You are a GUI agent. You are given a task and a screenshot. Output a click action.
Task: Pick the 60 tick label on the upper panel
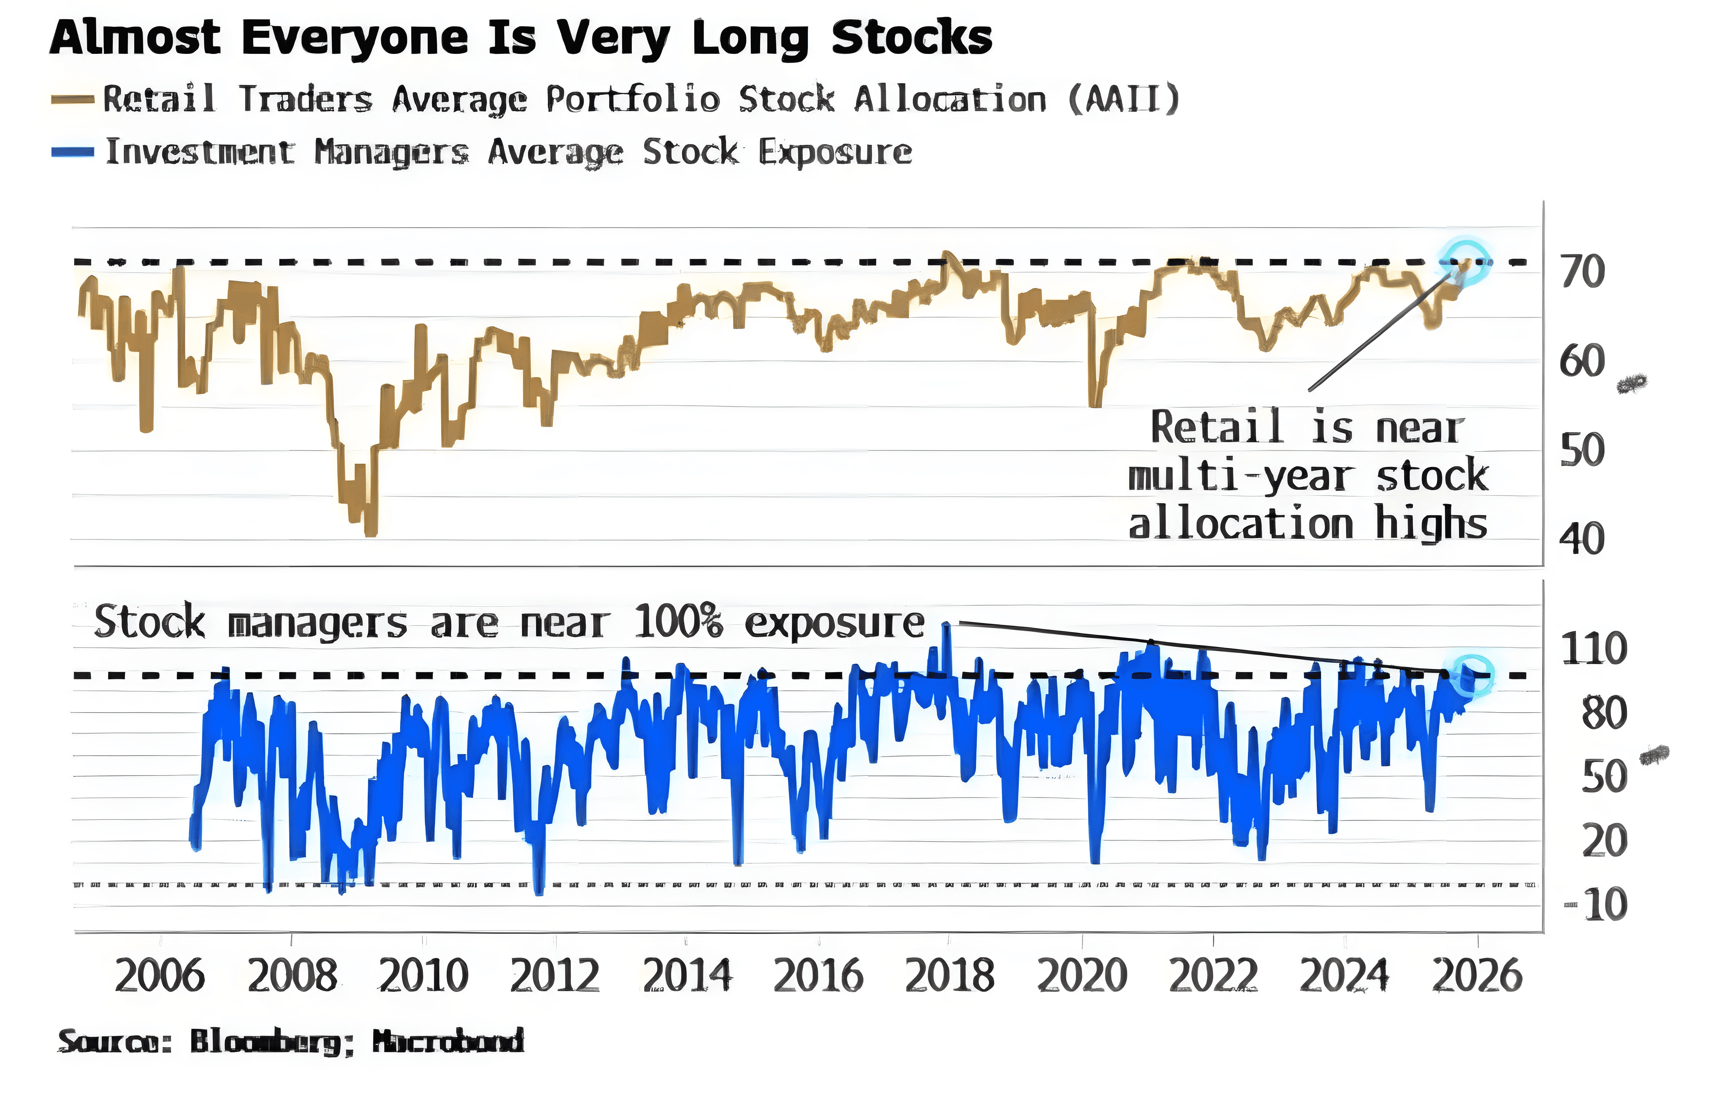coord(1581,361)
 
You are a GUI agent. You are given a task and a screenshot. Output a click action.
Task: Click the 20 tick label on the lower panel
coord(1603,841)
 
